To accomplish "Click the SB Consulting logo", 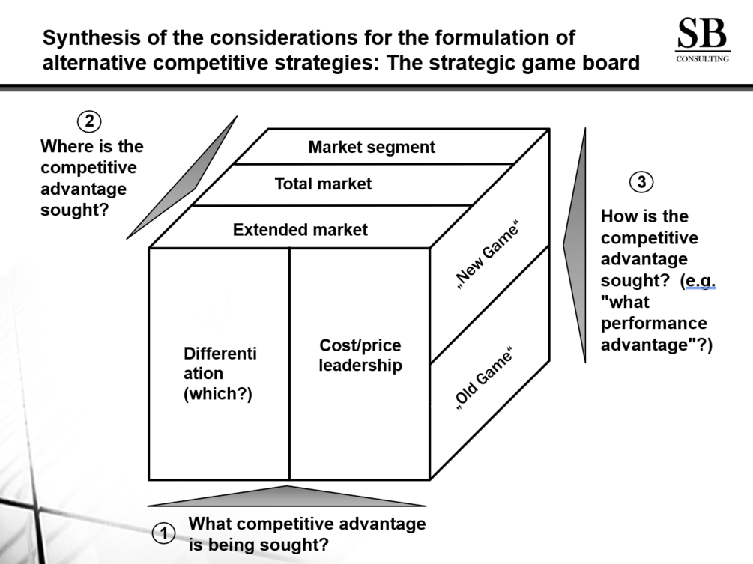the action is click(x=702, y=40).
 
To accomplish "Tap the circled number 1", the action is click(x=164, y=533).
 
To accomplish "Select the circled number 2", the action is click(x=89, y=121).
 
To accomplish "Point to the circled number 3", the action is click(x=641, y=182).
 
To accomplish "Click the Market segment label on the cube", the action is click(x=372, y=147).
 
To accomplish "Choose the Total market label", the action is click(x=323, y=184).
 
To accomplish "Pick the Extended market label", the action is click(x=300, y=229).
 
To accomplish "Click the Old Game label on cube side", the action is click(x=483, y=379).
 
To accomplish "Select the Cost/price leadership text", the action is click(x=360, y=355).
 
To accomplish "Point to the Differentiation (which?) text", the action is click(x=220, y=374).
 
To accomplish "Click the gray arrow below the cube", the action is click(x=287, y=497).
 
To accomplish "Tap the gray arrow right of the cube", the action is click(x=575, y=245).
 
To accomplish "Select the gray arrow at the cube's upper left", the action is click(x=182, y=177).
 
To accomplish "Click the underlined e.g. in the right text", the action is click(x=700, y=280).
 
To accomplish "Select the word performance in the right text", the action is click(x=653, y=323).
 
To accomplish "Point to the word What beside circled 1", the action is click(x=209, y=524).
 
